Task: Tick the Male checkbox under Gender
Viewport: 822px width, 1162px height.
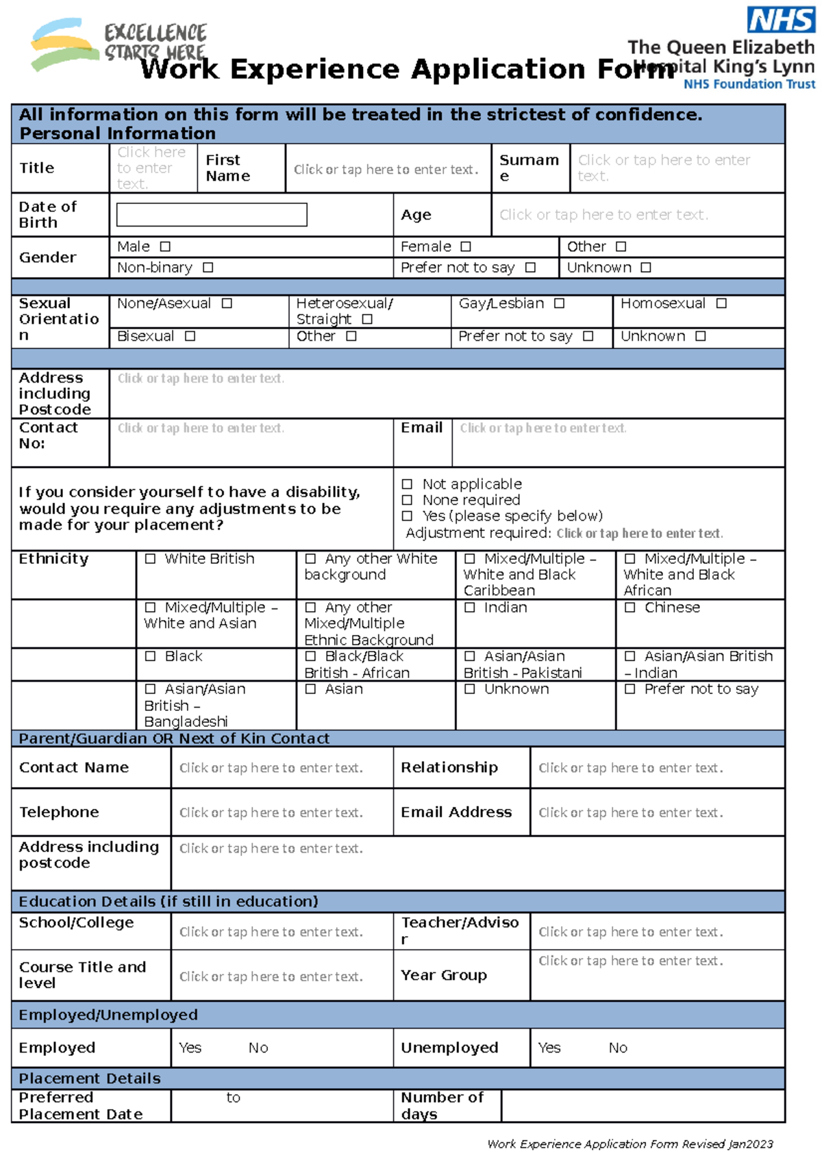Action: click(x=165, y=246)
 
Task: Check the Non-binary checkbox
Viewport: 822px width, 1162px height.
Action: click(x=208, y=268)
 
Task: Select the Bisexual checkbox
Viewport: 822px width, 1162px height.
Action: click(x=190, y=336)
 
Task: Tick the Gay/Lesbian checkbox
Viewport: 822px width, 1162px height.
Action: click(x=559, y=303)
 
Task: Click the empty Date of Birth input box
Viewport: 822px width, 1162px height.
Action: click(x=212, y=215)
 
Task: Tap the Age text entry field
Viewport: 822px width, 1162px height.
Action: click(x=603, y=215)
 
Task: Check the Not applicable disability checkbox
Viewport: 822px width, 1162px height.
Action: click(x=407, y=485)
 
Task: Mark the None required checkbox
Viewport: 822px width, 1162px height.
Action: click(x=407, y=500)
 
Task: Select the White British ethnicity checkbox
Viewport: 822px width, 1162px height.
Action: click(x=151, y=559)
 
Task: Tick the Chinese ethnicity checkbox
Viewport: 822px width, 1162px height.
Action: click(x=630, y=608)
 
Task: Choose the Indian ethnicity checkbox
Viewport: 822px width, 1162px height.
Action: click(x=470, y=608)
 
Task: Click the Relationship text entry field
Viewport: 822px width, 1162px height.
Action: click(x=630, y=768)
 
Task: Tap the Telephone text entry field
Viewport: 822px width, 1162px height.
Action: click(x=271, y=813)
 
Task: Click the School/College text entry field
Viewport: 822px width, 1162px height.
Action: click(x=271, y=932)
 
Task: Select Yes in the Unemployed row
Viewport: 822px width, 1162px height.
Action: click(x=549, y=1048)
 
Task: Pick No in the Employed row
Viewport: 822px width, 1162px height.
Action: click(x=258, y=1048)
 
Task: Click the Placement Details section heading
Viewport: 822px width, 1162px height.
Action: click(x=90, y=1079)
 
